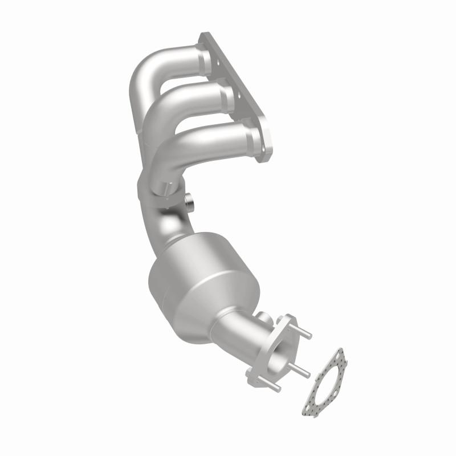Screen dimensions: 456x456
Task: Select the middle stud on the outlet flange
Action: [x=302, y=371]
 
